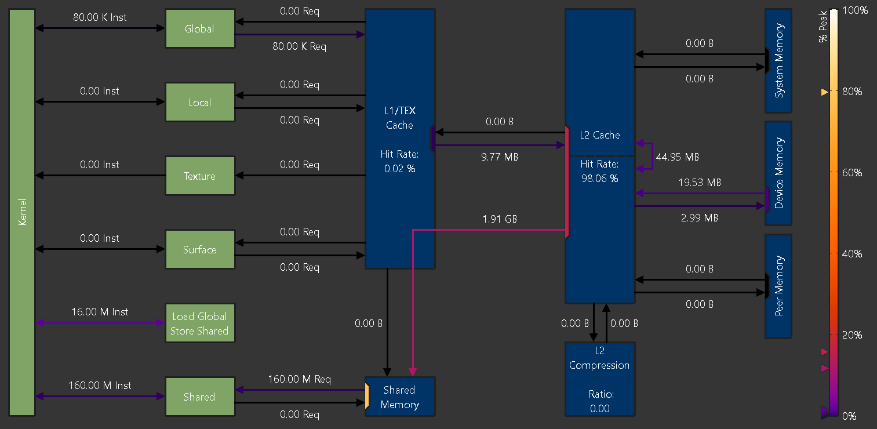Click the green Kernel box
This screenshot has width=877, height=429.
coord(23,212)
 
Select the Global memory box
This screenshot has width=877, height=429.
coord(200,29)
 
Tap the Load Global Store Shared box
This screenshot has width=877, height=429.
coord(200,323)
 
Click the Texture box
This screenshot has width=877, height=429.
coord(200,176)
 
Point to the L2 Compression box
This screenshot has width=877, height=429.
coord(600,379)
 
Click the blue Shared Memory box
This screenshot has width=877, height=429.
coord(400,397)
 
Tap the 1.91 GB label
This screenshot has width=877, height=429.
coord(499,219)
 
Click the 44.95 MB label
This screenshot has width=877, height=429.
coord(677,157)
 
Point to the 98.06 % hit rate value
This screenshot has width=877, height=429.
coord(599,179)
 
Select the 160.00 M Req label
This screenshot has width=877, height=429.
coord(299,379)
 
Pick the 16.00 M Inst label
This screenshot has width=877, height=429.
coord(100,312)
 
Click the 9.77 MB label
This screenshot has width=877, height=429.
coord(499,157)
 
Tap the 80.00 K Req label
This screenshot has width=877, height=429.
coord(299,46)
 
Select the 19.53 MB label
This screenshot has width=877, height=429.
coord(699,183)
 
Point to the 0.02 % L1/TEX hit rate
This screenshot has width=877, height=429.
coord(399,169)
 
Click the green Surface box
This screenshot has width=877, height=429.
coord(200,250)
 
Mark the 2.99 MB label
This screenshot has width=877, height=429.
coord(699,218)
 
